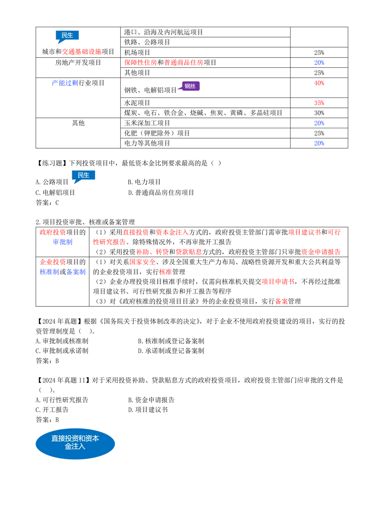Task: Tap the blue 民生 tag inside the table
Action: [67, 36]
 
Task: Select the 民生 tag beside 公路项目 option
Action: [83, 176]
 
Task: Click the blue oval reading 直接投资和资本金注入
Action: [75, 443]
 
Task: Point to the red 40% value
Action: [319, 83]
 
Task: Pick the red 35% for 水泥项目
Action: [319, 103]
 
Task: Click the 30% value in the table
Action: [319, 113]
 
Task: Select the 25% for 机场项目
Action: [319, 52]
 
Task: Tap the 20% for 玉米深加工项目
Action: [319, 123]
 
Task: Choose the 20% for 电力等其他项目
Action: [319, 143]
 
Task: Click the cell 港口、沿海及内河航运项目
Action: [163, 32]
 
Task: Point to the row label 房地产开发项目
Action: [78, 63]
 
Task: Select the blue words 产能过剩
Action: [65, 83]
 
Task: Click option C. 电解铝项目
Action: [55, 193]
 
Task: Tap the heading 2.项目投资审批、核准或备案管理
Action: [85, 222]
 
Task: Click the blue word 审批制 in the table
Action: [63, 242]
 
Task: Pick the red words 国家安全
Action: [142, 262]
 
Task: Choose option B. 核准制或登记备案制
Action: [171, 341]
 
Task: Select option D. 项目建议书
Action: [148, 409]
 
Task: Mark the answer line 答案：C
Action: [47, 203]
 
